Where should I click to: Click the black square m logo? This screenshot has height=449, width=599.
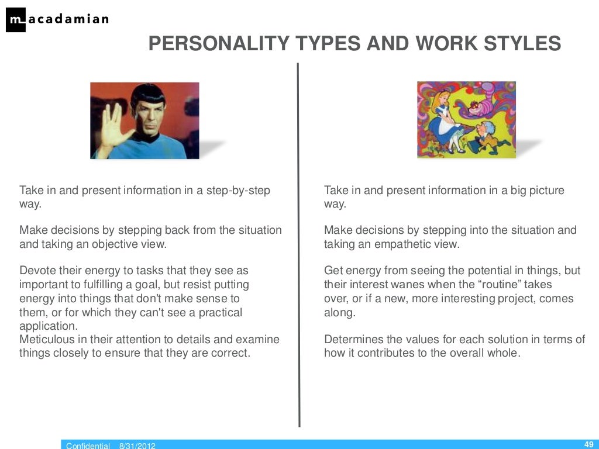pos(16,20)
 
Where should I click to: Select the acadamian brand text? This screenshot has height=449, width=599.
pos(67,19)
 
